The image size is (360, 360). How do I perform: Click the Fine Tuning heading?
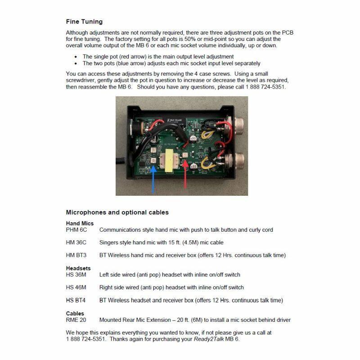[84, 22]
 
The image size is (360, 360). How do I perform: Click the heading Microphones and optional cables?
[117, 212]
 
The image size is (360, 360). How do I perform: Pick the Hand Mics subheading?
[79, 223]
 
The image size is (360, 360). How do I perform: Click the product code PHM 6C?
[76, 229]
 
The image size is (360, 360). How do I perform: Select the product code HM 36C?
[76, 243]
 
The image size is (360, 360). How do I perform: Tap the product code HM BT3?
[76, 255]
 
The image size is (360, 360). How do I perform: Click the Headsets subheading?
[78, 268]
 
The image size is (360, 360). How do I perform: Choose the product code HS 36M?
[76, 274]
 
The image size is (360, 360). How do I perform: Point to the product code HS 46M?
[76, 287]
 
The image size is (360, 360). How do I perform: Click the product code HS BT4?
[76, 300]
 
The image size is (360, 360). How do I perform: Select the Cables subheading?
[75, 313]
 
